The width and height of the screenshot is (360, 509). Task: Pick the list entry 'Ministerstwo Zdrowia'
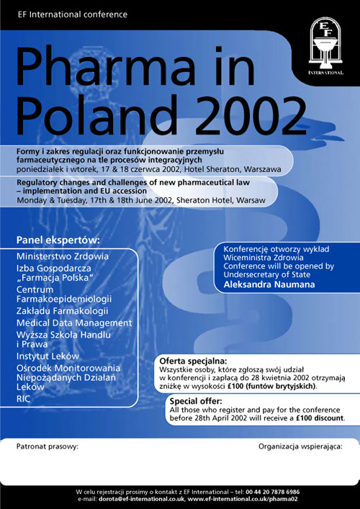click(63, 256)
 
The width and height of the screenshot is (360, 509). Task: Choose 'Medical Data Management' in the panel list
click(74, 323)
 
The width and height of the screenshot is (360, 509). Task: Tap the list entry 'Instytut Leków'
click(48, 356)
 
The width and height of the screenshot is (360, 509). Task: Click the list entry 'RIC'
click(24, 398)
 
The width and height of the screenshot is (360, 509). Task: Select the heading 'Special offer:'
click(196, 401)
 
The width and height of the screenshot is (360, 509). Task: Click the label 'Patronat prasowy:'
click(48, 446)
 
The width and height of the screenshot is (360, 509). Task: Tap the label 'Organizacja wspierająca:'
click(300, 446)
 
